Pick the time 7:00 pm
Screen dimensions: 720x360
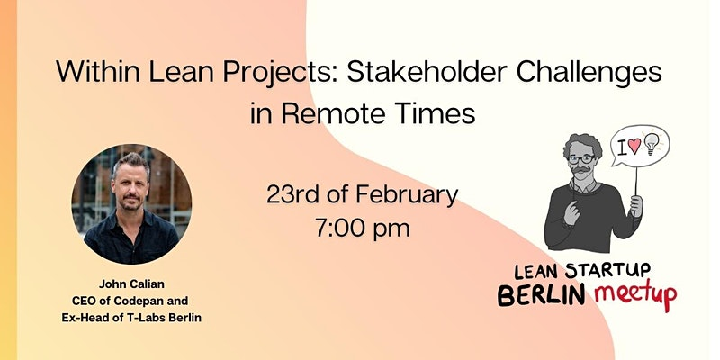[x=363, y=228]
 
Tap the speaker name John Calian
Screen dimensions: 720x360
[x=131, y=284]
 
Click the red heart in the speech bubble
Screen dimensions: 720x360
[x=634, y=146]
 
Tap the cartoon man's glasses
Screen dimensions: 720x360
[x=580, y=159]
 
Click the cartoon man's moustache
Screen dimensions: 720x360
[x=581, y=170]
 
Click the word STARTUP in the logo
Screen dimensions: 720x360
[x=607, y=272]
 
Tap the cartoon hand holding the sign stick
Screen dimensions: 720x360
[x=636, y=206]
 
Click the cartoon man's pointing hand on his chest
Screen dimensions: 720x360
[x=571, y=211]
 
